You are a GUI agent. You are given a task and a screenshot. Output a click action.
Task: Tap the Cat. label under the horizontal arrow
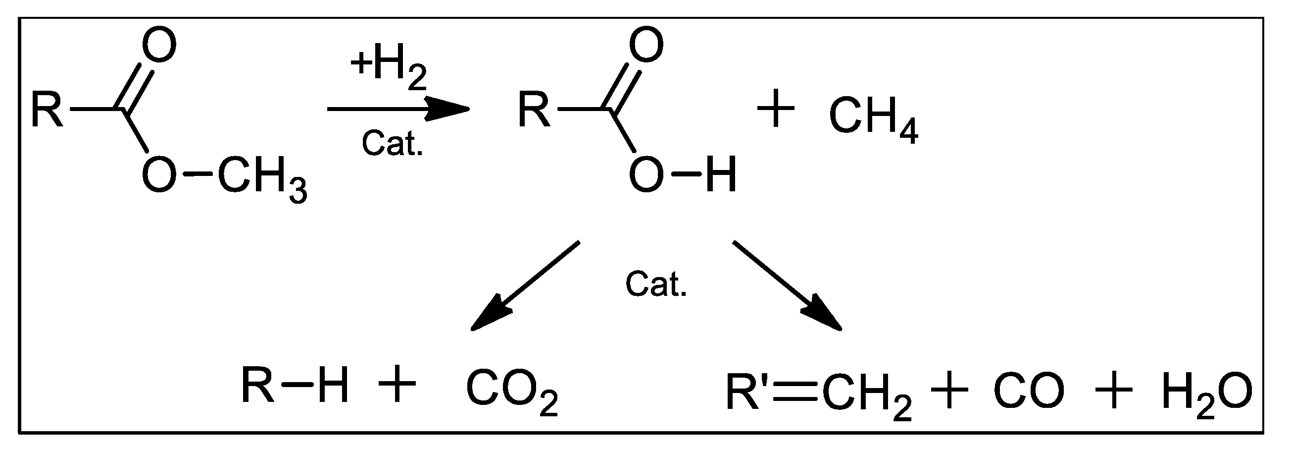coord(392,143)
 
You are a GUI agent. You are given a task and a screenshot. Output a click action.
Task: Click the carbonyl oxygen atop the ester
coord(160,45)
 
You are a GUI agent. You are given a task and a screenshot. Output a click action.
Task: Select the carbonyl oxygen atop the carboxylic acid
coord(646,45)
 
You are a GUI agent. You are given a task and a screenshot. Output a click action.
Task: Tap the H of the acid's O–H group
coord(721,175)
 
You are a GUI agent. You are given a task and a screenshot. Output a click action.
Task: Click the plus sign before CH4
coord(775,110)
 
